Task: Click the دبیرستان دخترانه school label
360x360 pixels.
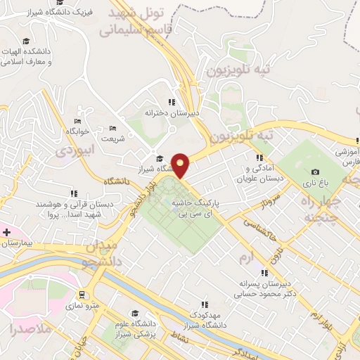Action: point(172,112)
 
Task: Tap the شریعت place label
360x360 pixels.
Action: point(112,139)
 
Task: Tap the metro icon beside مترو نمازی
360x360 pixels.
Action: point(84,295)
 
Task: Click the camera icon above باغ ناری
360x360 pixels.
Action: point(315,172)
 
